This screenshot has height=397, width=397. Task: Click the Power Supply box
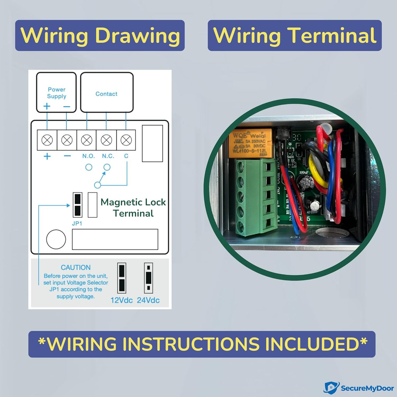tap(56, 93)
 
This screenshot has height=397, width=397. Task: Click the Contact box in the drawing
tap(107, 93)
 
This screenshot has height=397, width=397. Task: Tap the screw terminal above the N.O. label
tap(87, 140)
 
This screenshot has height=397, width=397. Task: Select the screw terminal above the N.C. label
tap(106, 140)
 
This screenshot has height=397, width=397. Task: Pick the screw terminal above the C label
tap(126, 140)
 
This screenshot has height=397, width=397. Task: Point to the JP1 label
tap(77, 224)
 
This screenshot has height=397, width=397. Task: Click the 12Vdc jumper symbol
tap(121, 278)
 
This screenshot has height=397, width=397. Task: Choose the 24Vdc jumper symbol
tap(149, 278)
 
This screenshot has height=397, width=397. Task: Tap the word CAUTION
tap(76, 267)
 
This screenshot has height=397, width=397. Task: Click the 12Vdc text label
tap(121, 300)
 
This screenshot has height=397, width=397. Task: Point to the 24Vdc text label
tap(148, 300)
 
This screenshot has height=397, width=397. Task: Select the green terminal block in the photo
tap(256, 197)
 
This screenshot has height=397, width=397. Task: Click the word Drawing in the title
tap(138, 35)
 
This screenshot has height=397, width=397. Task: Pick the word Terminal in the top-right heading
tap(332, 35)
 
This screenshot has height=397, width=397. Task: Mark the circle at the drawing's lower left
tap(56, 239)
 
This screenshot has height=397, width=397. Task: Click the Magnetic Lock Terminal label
tap(133, 207)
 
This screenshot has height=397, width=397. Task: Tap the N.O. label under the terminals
tap(88, 156)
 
